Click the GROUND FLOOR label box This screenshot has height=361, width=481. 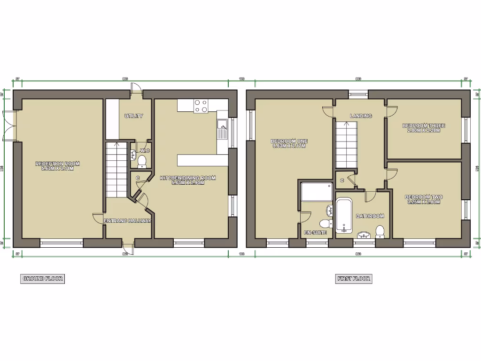coord(43,279)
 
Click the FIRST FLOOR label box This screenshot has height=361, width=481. coord(354,279)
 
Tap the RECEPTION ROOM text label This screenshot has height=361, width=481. coord(57,166)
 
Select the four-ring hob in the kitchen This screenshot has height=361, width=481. coord(202,106)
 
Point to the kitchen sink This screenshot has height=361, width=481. coord(222,126)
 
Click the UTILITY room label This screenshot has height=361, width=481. coord(134,116)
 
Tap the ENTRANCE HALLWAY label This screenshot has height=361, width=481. coord(127,220)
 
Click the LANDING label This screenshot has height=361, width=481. coord(361,116)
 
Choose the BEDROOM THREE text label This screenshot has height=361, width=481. coord(424,128)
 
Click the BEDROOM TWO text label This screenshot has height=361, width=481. coord(424,199)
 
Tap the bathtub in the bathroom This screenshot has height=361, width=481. coord(343,216)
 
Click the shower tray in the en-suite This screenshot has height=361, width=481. coord(317,192)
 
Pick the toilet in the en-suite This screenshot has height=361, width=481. coord(324,223)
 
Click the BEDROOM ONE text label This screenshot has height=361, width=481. coord(289,143)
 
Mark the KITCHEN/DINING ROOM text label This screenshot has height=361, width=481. coord(188,180)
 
